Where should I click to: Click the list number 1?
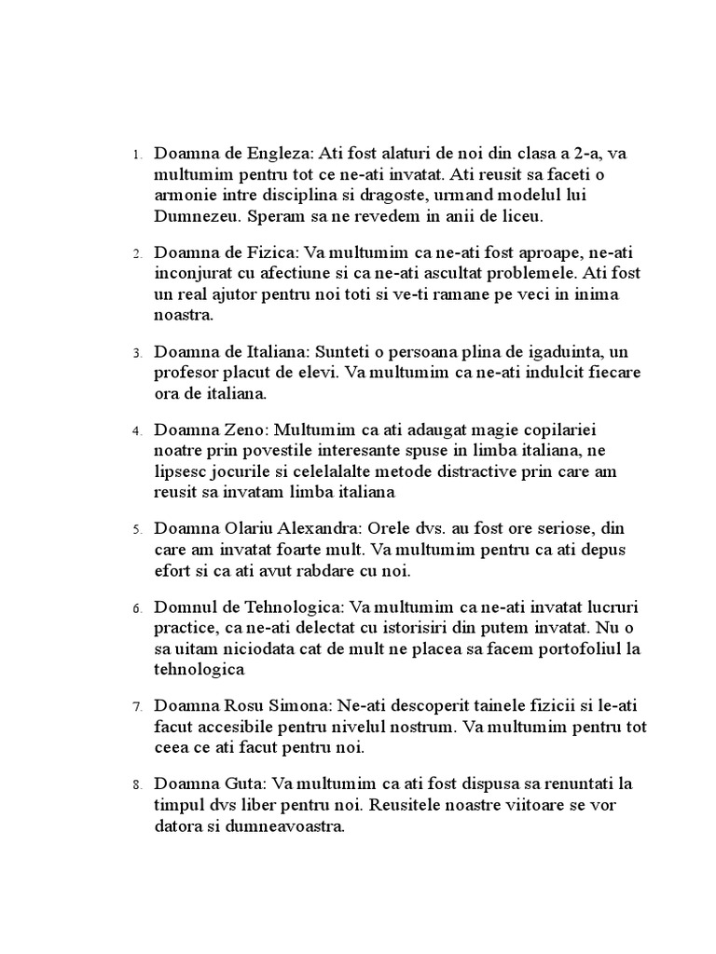(136, 154)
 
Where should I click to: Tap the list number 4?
(136, 431)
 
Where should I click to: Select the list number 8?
(136, 784)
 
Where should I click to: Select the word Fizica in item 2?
(276, 252)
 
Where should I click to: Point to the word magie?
(447, 430)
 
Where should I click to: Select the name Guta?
(237, 784)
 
